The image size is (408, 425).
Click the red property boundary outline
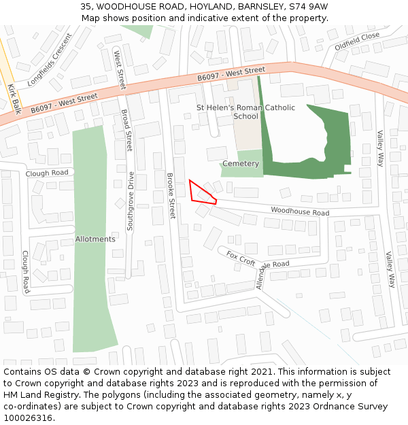pyautogui.click(x=201, y=192)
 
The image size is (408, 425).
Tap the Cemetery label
pyautogui.click(x=241, y=164)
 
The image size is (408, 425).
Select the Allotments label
pyautogui.click(x=95, y=239)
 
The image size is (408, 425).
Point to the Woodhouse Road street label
pyautogui.click(x=300, y=212)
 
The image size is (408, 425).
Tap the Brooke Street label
pyautogui.click(x=171, y=195)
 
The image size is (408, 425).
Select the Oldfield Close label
pyautogui.click(x=357, y=41)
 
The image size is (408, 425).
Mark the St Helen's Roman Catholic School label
pyautogui.click(x=245, y=112)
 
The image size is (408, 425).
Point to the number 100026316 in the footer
pyautogui.click(x=27, y=418)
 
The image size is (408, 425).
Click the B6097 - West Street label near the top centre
pyautogui.click(x=231, y=74)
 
